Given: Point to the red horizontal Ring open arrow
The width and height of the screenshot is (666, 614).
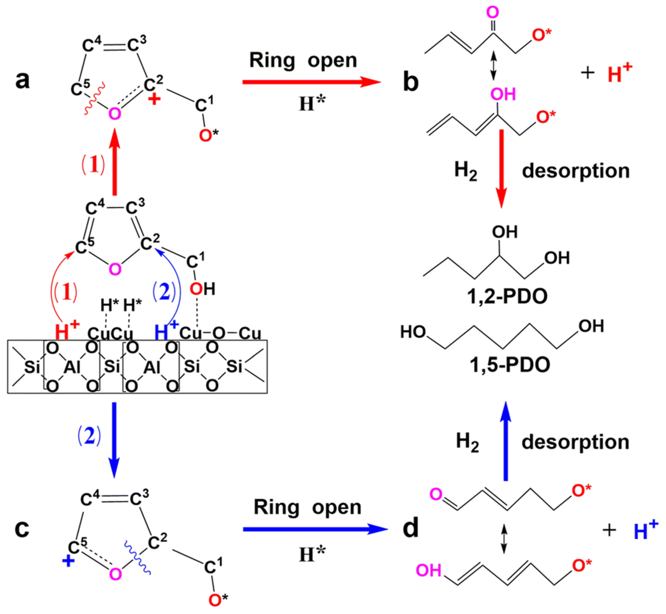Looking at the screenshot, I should click(x=311, y=82).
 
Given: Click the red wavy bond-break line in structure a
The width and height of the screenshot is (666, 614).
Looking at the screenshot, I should click(x=94, y=99).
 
